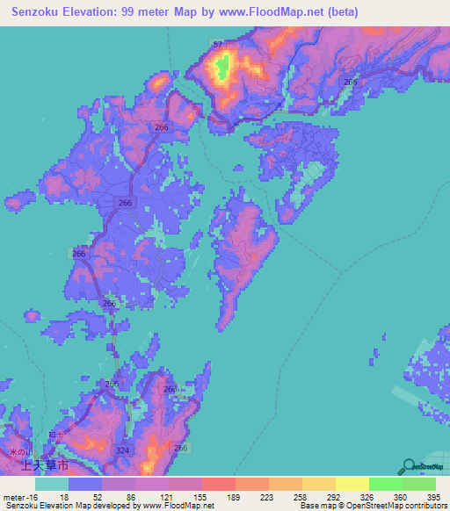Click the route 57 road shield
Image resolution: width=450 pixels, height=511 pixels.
click(217, 45)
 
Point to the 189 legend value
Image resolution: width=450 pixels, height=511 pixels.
click(235, 498)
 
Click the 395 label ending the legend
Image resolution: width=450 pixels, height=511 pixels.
click(433, 498)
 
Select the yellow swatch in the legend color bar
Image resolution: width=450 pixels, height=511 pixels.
click(352, 484)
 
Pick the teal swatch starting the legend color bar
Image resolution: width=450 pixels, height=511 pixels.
click(51, 484)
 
